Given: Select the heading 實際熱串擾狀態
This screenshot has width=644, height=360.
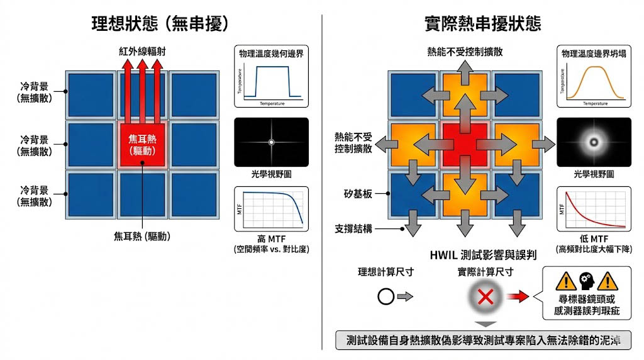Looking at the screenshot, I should [x=482, y=23].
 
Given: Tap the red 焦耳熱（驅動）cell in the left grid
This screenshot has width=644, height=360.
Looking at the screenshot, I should [x=142, y=145].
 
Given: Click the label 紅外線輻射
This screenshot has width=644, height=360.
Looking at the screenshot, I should [x=142, y=50].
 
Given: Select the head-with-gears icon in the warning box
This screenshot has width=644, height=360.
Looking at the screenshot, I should [x=587, y=280].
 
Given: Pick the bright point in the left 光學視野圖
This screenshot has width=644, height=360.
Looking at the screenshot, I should [x=271, y=142].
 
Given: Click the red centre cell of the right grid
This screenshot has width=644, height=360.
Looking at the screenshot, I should [x=465, y=143].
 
